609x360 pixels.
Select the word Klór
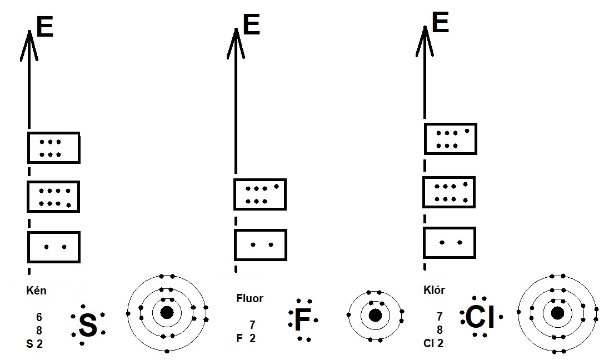[434, 289]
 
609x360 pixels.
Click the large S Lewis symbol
[88, 326]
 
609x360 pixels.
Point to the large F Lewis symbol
[302, 321]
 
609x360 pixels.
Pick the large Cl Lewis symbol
[480, 317]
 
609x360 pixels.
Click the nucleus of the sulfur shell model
[167, 313]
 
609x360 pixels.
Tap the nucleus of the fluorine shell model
[375, 315]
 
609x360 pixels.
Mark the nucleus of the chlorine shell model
[557, 313]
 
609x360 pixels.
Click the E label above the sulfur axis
[44, 27]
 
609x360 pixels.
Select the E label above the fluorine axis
[252, 26]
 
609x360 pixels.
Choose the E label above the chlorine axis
[440, 23]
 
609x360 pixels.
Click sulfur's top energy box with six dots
[54, 148]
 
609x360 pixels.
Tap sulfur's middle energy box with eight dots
[54, 197]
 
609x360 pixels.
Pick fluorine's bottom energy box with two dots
[260, 244]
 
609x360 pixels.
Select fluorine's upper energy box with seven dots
[260, 194]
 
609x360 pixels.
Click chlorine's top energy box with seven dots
[451, 139]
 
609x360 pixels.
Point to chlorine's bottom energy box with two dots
[450, 242]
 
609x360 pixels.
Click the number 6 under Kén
[39, 317]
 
